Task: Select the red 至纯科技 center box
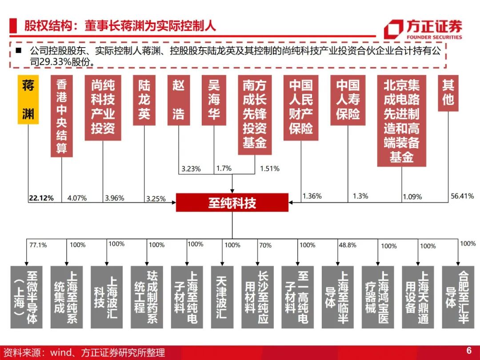(232, 203)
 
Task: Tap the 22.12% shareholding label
(42, 198)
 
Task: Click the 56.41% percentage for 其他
(462, 196)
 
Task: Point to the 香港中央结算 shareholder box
(61, 116)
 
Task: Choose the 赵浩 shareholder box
(178, 100)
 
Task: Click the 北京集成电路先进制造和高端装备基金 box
(401, 121)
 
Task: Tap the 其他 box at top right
(448, 93)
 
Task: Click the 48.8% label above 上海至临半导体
(347, 245)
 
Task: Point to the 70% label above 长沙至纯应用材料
(265, 245)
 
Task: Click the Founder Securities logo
(423, 30)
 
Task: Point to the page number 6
(468, 350)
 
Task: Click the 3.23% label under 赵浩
(191, 169)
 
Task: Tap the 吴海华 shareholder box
(214, 100)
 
